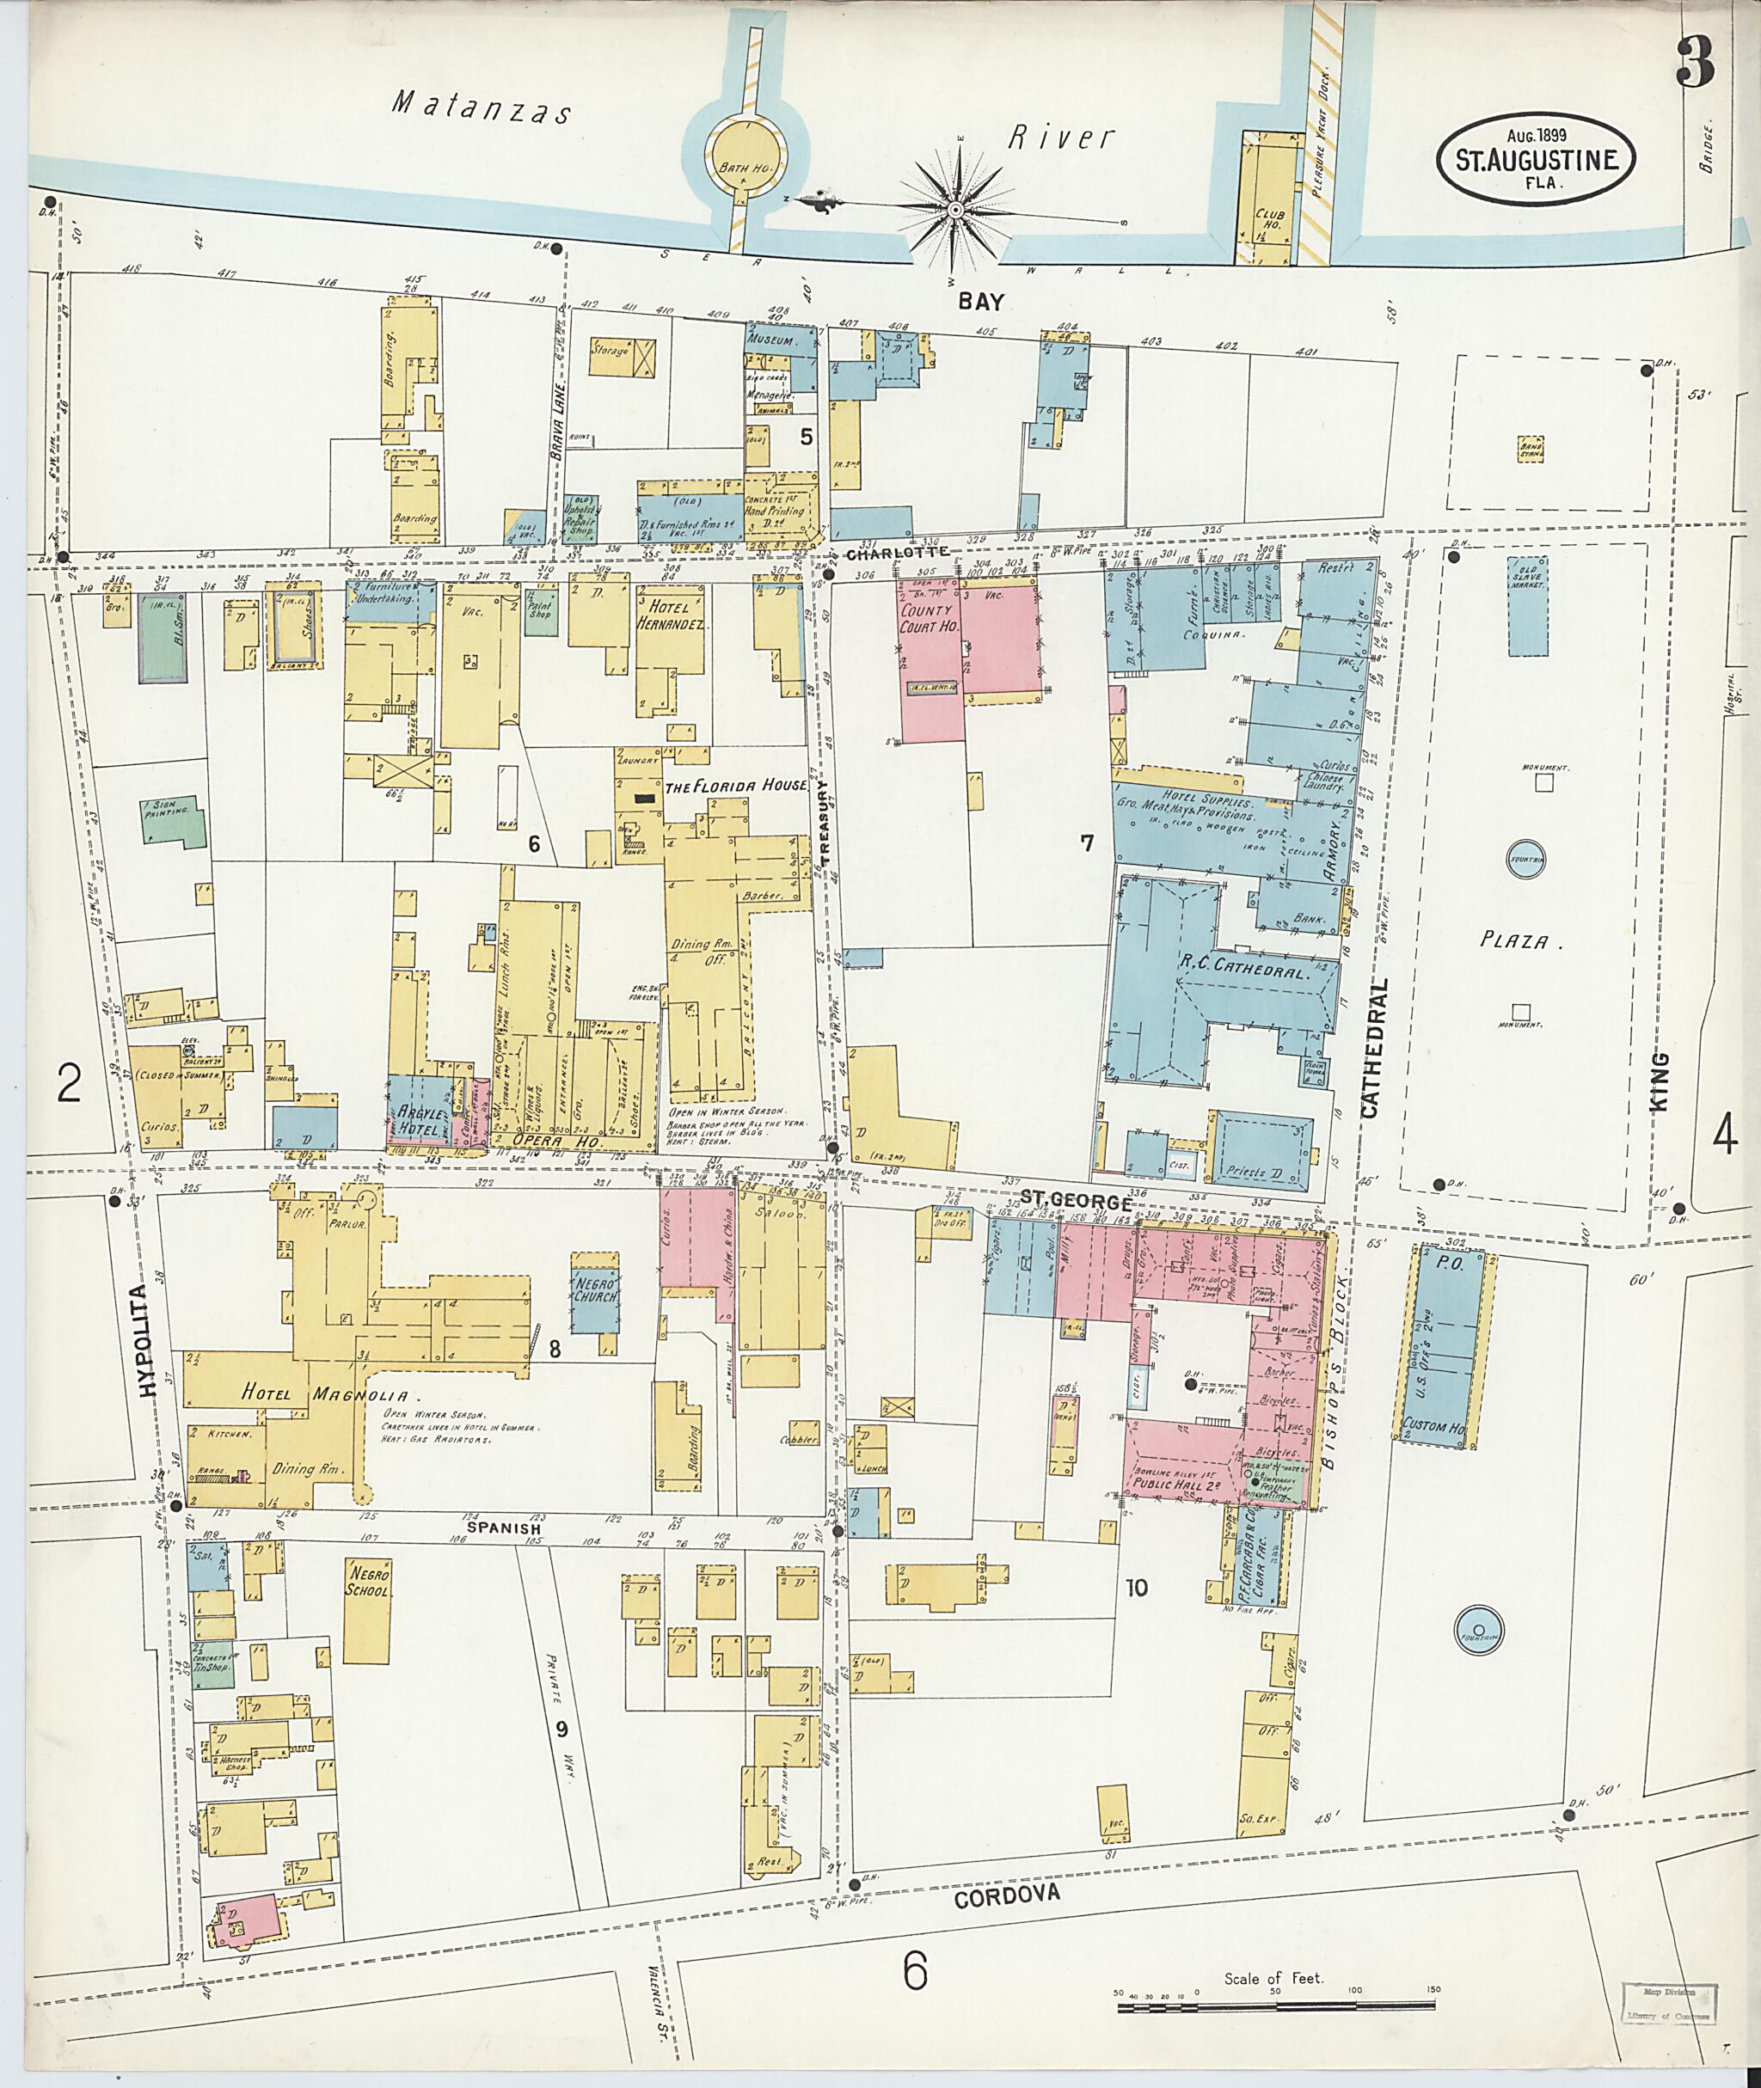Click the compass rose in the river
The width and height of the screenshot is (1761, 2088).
(x=954, y=210)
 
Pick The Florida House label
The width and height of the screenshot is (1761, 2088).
(x=736, y=786)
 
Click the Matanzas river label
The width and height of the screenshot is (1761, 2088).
(x=482, y=107)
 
